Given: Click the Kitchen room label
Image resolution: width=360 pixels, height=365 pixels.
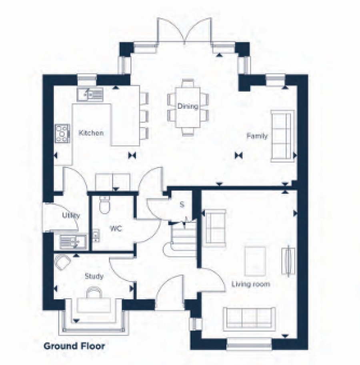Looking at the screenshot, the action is (x=91, y=133).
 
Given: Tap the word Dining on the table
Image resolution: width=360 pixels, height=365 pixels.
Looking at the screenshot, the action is (x=188, y=106).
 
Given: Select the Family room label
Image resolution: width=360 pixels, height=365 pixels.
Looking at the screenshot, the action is (x=257, y=136).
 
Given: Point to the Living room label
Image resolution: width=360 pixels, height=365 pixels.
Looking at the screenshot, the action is (x=251, y=284).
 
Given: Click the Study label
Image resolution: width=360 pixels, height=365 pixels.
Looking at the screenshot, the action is (x=94, y=276).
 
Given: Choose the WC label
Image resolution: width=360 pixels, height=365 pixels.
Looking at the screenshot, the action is (x=116, y=229).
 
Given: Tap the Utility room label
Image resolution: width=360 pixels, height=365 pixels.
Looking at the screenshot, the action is (x=71, y=215).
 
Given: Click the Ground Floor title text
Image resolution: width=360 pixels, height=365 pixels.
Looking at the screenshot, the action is (x=74, y=346).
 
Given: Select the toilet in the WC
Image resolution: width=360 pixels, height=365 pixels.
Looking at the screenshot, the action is (x=104, y=204).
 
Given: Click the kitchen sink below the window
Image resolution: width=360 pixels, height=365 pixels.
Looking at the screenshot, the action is (x=90, y=94).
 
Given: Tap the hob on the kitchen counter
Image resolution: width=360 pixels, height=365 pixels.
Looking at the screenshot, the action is (x=62, y=134).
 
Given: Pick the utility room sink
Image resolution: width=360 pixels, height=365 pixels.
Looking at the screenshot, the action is (x=73, y=241).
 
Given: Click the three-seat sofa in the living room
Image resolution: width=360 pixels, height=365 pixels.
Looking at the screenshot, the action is (x=249, y=319).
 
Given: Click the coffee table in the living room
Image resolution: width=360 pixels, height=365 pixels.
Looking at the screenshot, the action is (x=255, y=261).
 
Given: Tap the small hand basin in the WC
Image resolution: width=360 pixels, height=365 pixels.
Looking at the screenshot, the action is (x=96, y=235).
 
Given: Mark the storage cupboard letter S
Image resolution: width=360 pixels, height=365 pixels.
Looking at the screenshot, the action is (x=182, y=205).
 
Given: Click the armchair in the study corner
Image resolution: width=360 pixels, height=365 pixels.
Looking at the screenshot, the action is (x=62, y=262).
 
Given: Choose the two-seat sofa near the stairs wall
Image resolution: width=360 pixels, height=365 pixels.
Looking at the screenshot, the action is (x=215, y=228).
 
